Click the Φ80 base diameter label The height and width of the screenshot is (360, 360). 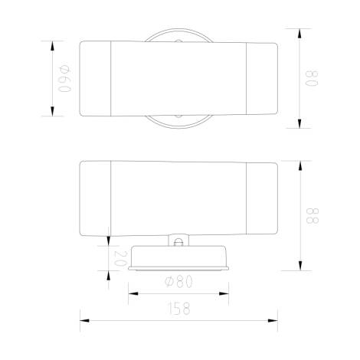point(179,281)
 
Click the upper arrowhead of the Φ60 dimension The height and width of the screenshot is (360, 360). point(52,44)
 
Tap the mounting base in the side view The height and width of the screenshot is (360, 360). point(179,258)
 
